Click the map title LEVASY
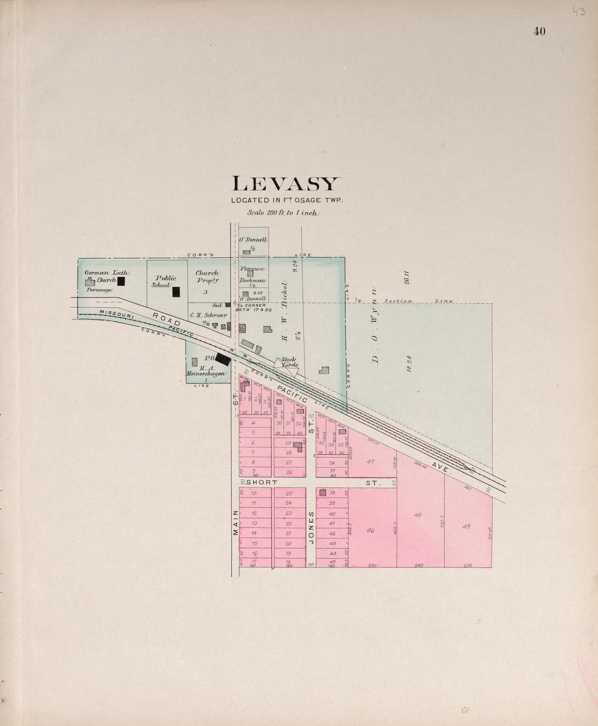point(286,184)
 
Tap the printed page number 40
point(539,31)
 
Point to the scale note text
point(284,213)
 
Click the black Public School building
point(176,292)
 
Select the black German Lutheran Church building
point(121,281)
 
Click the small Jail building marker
point(228,305)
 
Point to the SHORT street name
point(262,483)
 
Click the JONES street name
point(311,528)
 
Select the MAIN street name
point(235,522)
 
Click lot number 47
point(370,462)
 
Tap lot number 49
point(466,526)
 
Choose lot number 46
point(370,531)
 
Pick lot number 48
point(418,515)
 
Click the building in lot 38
point(322,493)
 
